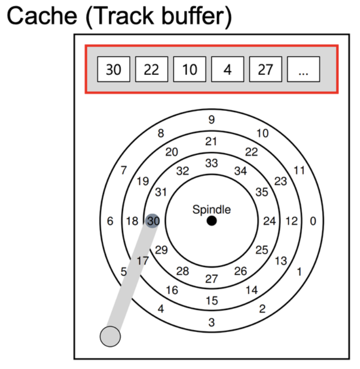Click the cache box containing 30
[114, 70]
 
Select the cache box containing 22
[152, 70]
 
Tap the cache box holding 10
[189, 70]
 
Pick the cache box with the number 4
[227, 70]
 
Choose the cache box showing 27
[265, 70]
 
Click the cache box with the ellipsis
[303, 70]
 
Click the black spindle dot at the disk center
[212, 221]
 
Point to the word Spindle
[212, 210]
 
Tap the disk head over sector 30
[152, 221]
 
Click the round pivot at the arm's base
[110, 337]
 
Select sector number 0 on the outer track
[312, 221]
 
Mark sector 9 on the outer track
[212, 120]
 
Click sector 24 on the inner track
[269, 221]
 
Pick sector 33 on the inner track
[212, 163]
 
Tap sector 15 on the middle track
[212, 301]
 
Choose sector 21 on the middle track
[212, 141]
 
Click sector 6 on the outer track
[110, 221]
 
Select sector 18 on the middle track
[132, 221]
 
